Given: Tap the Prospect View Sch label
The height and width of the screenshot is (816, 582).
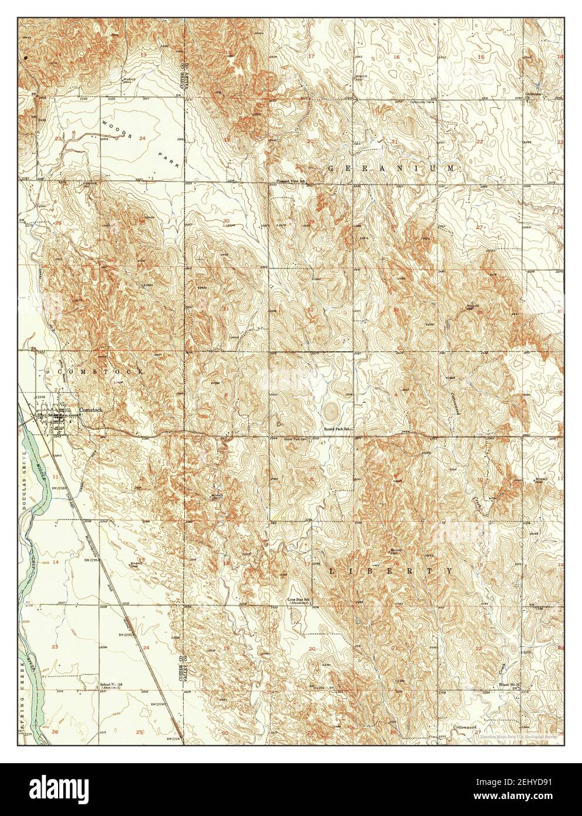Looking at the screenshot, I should pyautogui.click(x=293, y=181).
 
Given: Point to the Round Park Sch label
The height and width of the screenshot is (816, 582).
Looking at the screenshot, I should pyautogui.click(x=339, y=429).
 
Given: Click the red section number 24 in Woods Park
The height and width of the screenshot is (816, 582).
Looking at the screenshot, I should pyautogui.click(x=143, y=139).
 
